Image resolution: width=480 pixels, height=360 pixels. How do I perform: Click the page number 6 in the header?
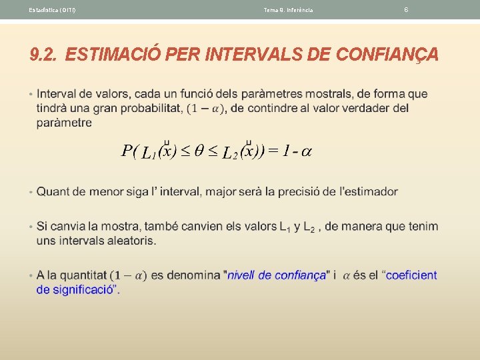click(406, 9)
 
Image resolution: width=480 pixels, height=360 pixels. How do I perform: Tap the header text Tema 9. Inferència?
click(288, 10)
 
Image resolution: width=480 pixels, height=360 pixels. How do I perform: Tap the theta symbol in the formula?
click(199, 151)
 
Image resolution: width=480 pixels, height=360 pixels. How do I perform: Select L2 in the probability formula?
click(229, 153)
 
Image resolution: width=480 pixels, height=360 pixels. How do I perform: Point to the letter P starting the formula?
click(127, 151)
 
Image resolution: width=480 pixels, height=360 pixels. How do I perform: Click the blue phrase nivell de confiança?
click(277, 275)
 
